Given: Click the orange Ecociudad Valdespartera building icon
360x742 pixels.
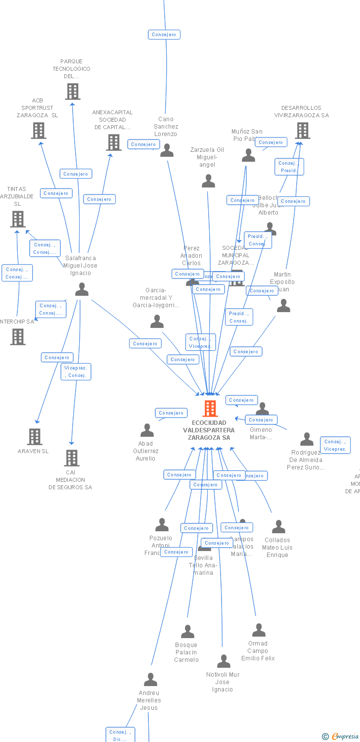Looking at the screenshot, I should [x=210, y=409].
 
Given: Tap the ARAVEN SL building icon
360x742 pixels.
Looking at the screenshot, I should [x=35, y=436].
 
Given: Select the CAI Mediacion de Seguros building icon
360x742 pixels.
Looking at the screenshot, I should [x=72, y=458].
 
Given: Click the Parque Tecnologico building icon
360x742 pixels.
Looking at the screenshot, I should [x=73, y=91].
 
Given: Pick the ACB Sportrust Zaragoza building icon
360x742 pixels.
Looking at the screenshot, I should [x=39, y=130].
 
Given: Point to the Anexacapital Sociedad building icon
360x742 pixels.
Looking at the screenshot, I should [x=114, y=142].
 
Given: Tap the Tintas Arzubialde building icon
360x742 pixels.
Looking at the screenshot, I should [x=18, y=219].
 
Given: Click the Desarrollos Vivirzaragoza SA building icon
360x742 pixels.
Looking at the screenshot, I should [x=303, y=130].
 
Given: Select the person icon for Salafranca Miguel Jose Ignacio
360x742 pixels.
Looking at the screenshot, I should [x=82, y=289].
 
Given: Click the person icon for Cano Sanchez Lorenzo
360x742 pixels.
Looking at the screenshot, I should [x=167, y=150].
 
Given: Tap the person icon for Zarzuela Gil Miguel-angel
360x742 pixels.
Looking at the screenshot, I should [x=208, y=182].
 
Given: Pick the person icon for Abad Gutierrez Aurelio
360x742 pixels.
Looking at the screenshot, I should [x=147, y=430].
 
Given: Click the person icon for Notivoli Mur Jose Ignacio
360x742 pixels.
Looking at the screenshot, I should [x=224, y=661].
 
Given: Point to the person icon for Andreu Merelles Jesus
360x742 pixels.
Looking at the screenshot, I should [x=150, y=680].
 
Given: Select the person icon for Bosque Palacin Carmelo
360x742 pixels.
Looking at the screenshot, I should [x=187, y=632].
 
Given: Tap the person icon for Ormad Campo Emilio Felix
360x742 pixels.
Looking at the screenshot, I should [x=259, y=630].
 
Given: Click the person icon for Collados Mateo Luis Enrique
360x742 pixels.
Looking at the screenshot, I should [x=278, y=527].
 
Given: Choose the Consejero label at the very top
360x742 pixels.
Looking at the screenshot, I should [x=164, y=35].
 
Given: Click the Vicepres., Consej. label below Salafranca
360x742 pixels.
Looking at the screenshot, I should [x=76, y=371].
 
